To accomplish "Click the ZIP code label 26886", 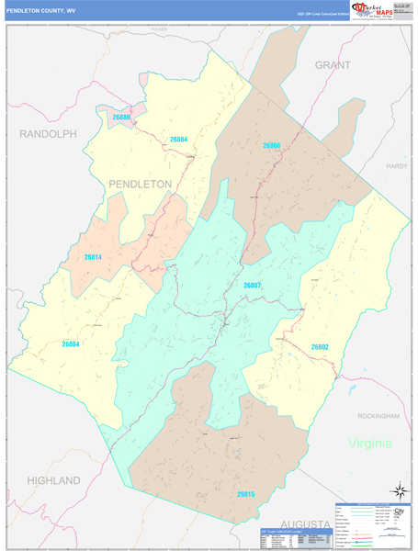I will [122, 118].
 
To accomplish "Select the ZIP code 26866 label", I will [270, 146].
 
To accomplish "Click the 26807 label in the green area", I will [253, 286].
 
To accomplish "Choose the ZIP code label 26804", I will [72, 343].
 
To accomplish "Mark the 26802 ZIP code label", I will [320, 346].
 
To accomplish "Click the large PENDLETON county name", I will [141, 184].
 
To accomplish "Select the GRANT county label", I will [333, 65].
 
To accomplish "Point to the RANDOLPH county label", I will [48, 134].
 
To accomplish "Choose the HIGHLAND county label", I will [54, 480].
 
